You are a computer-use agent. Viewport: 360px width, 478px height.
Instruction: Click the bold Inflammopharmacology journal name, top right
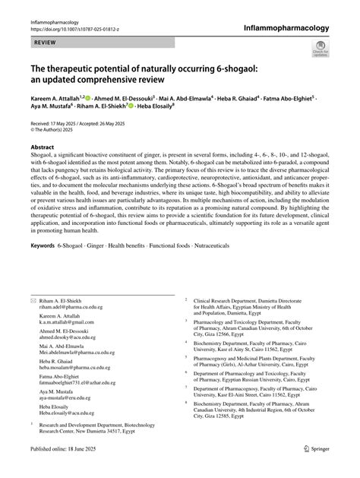(x=287, y=27)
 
